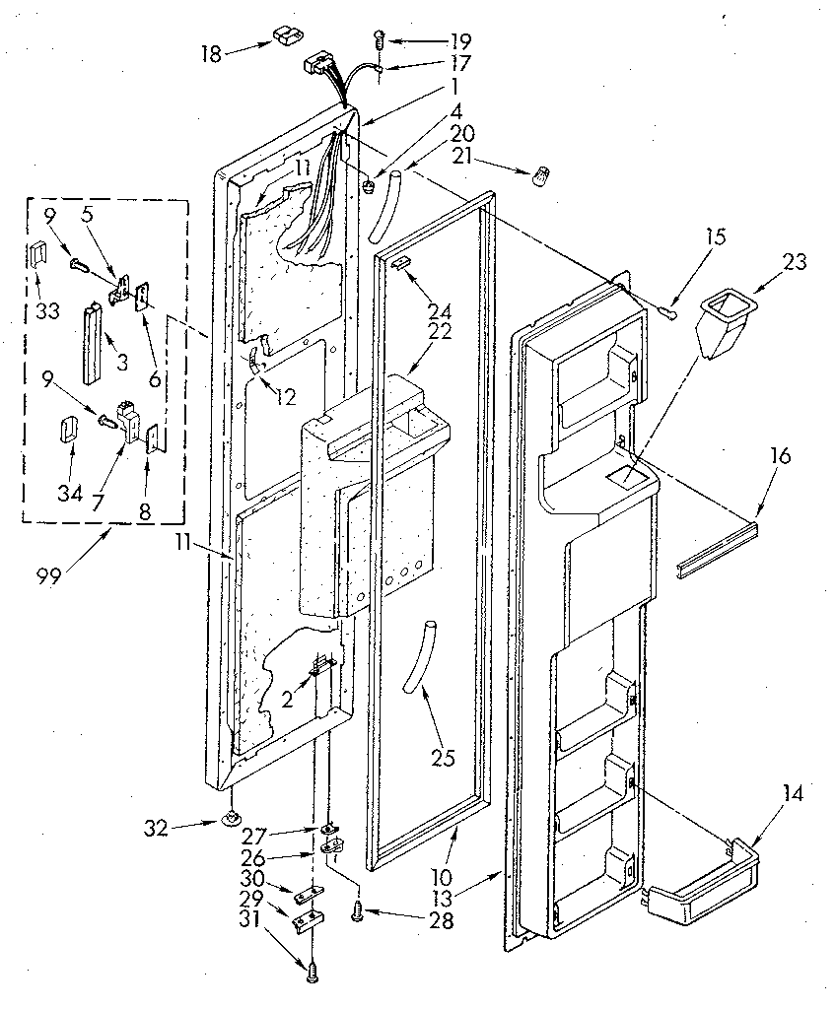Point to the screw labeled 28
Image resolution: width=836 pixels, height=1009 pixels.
[358, 915]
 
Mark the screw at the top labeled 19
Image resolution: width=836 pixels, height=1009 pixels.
[378, 38]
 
